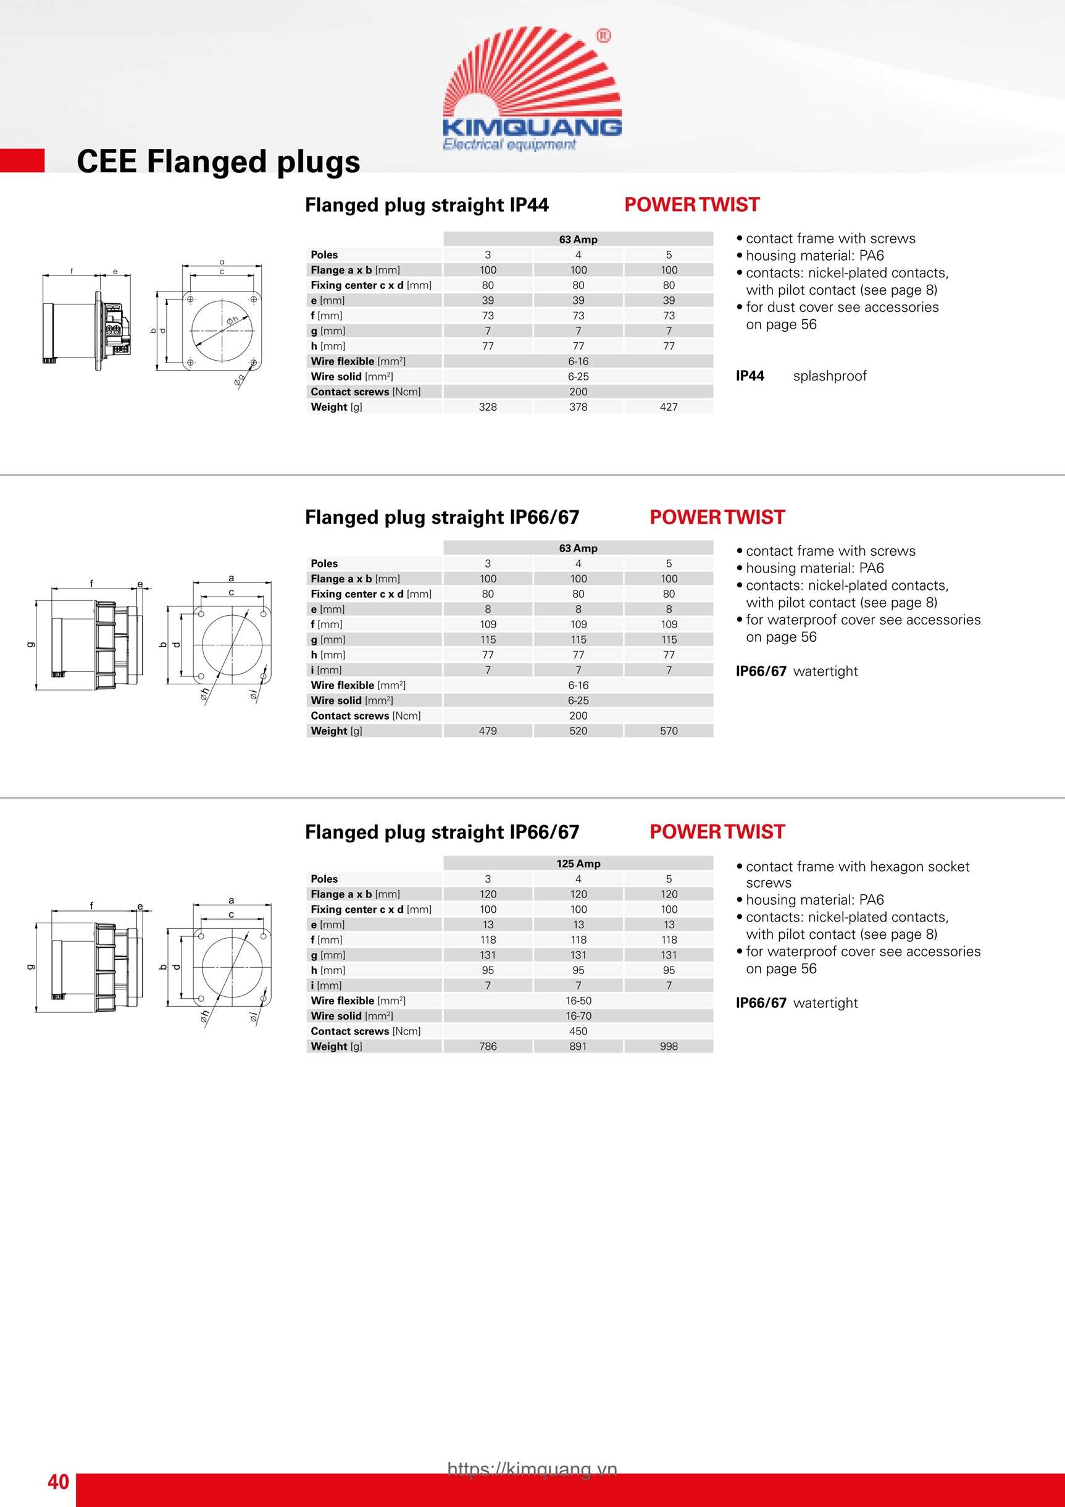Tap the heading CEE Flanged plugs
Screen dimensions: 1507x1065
tap(219, 161)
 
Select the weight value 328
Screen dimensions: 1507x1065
tap(488, 407)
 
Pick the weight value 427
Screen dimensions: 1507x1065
tap(668, 407)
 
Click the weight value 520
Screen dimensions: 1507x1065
tap(578, 731)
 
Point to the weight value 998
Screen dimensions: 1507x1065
tap(668, 1046)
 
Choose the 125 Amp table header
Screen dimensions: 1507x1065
tap(578, 864)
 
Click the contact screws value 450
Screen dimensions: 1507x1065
tap(578, 1031)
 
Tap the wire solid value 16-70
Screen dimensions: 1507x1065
tap(578, 1016)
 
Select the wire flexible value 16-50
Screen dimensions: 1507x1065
tap(578, 1001)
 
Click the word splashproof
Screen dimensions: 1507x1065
tap(829, 376)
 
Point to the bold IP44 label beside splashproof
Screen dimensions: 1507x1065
tap(750, 376)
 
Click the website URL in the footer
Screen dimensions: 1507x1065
tap(532, 1469)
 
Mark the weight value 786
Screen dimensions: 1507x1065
tap(488, 1046)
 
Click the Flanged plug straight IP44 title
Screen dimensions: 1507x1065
tap(427, 206)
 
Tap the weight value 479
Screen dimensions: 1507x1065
tap(488, 731)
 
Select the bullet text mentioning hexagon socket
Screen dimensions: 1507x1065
tap(857, 867)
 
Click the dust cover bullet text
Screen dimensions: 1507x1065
tap(842, 307)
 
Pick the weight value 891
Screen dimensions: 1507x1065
tap(578, 1046)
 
